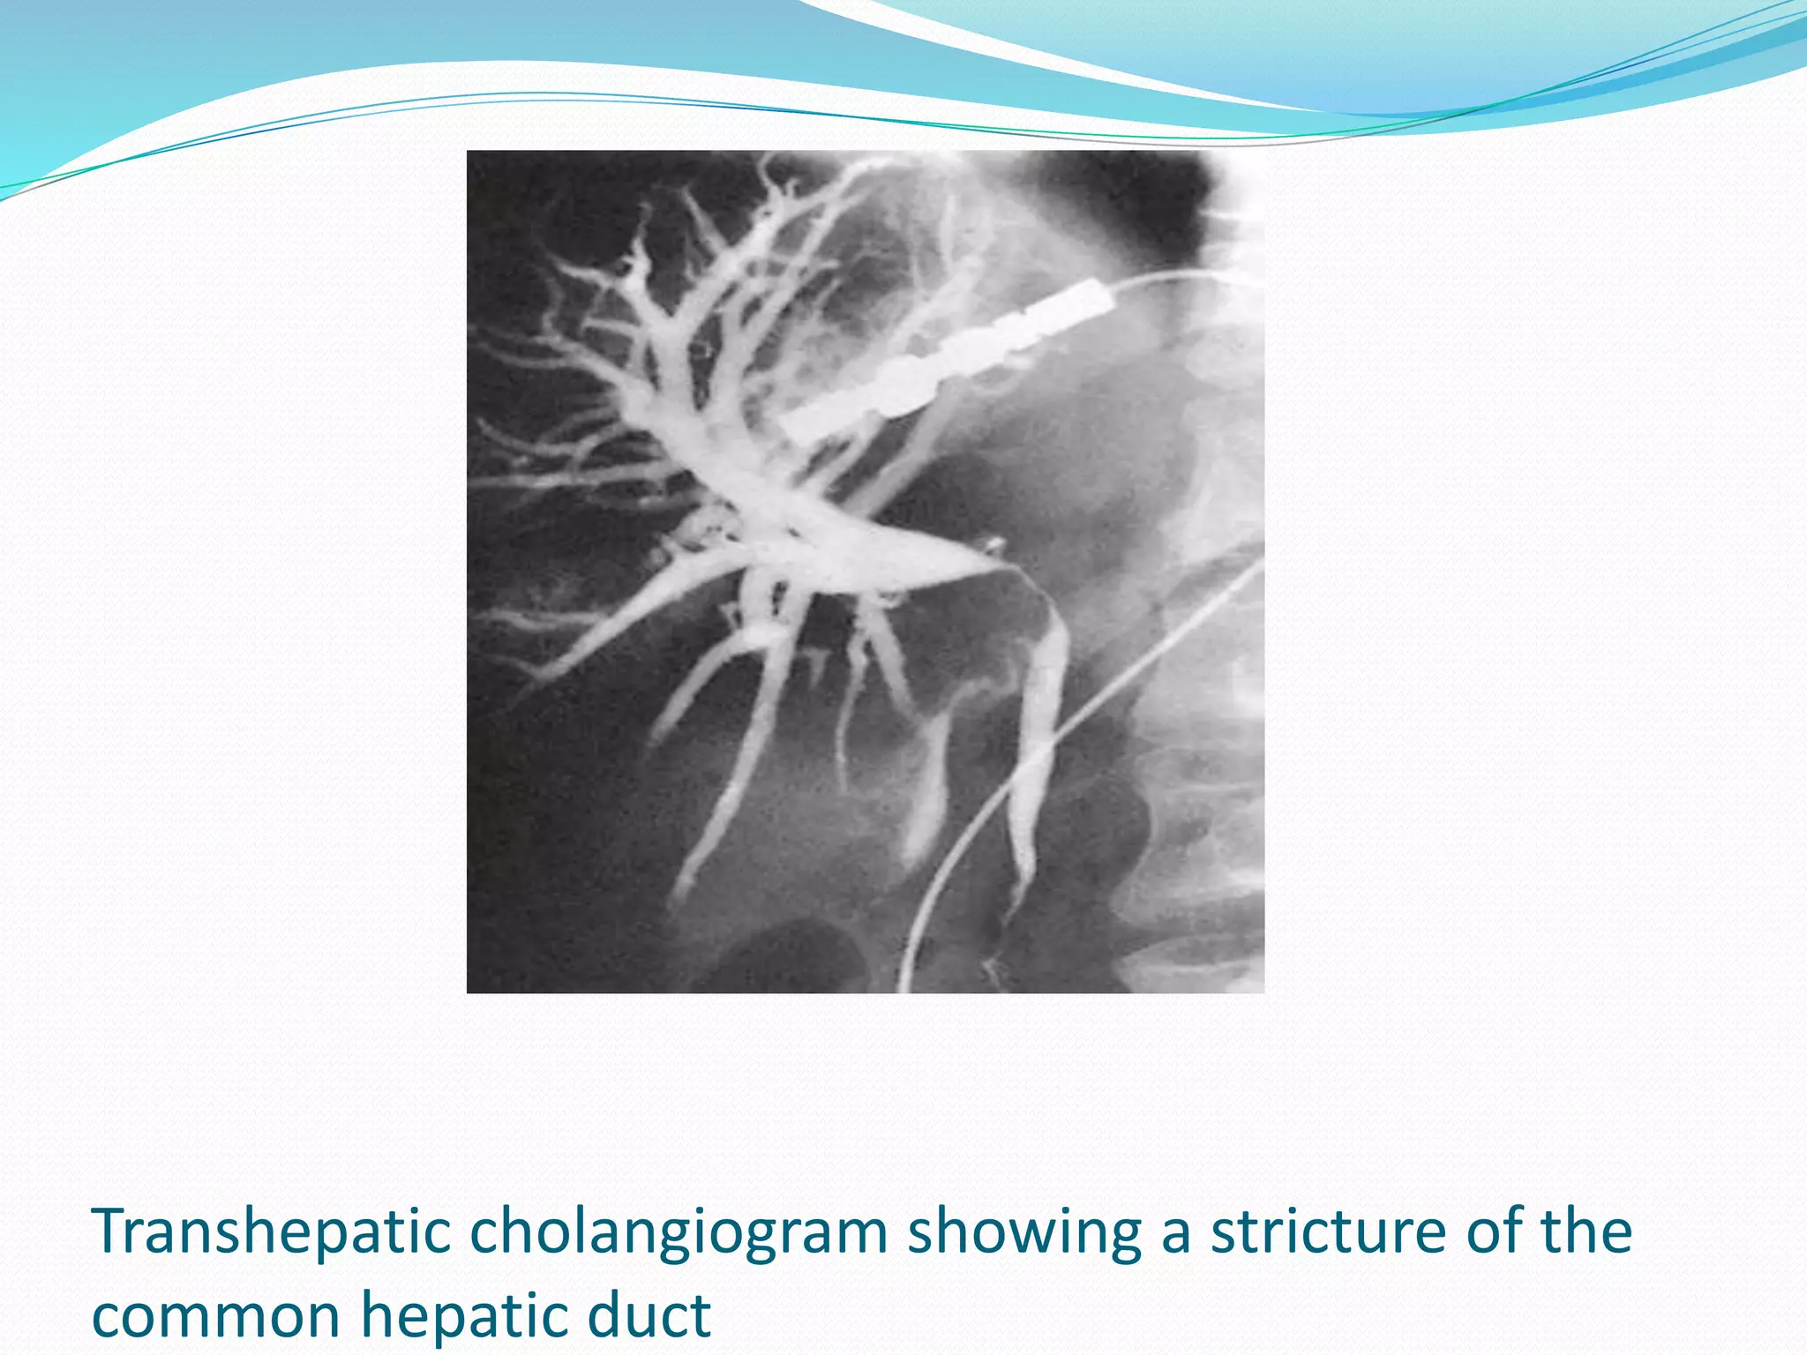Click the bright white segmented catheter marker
[948, 362]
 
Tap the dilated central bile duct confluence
[794, 520]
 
